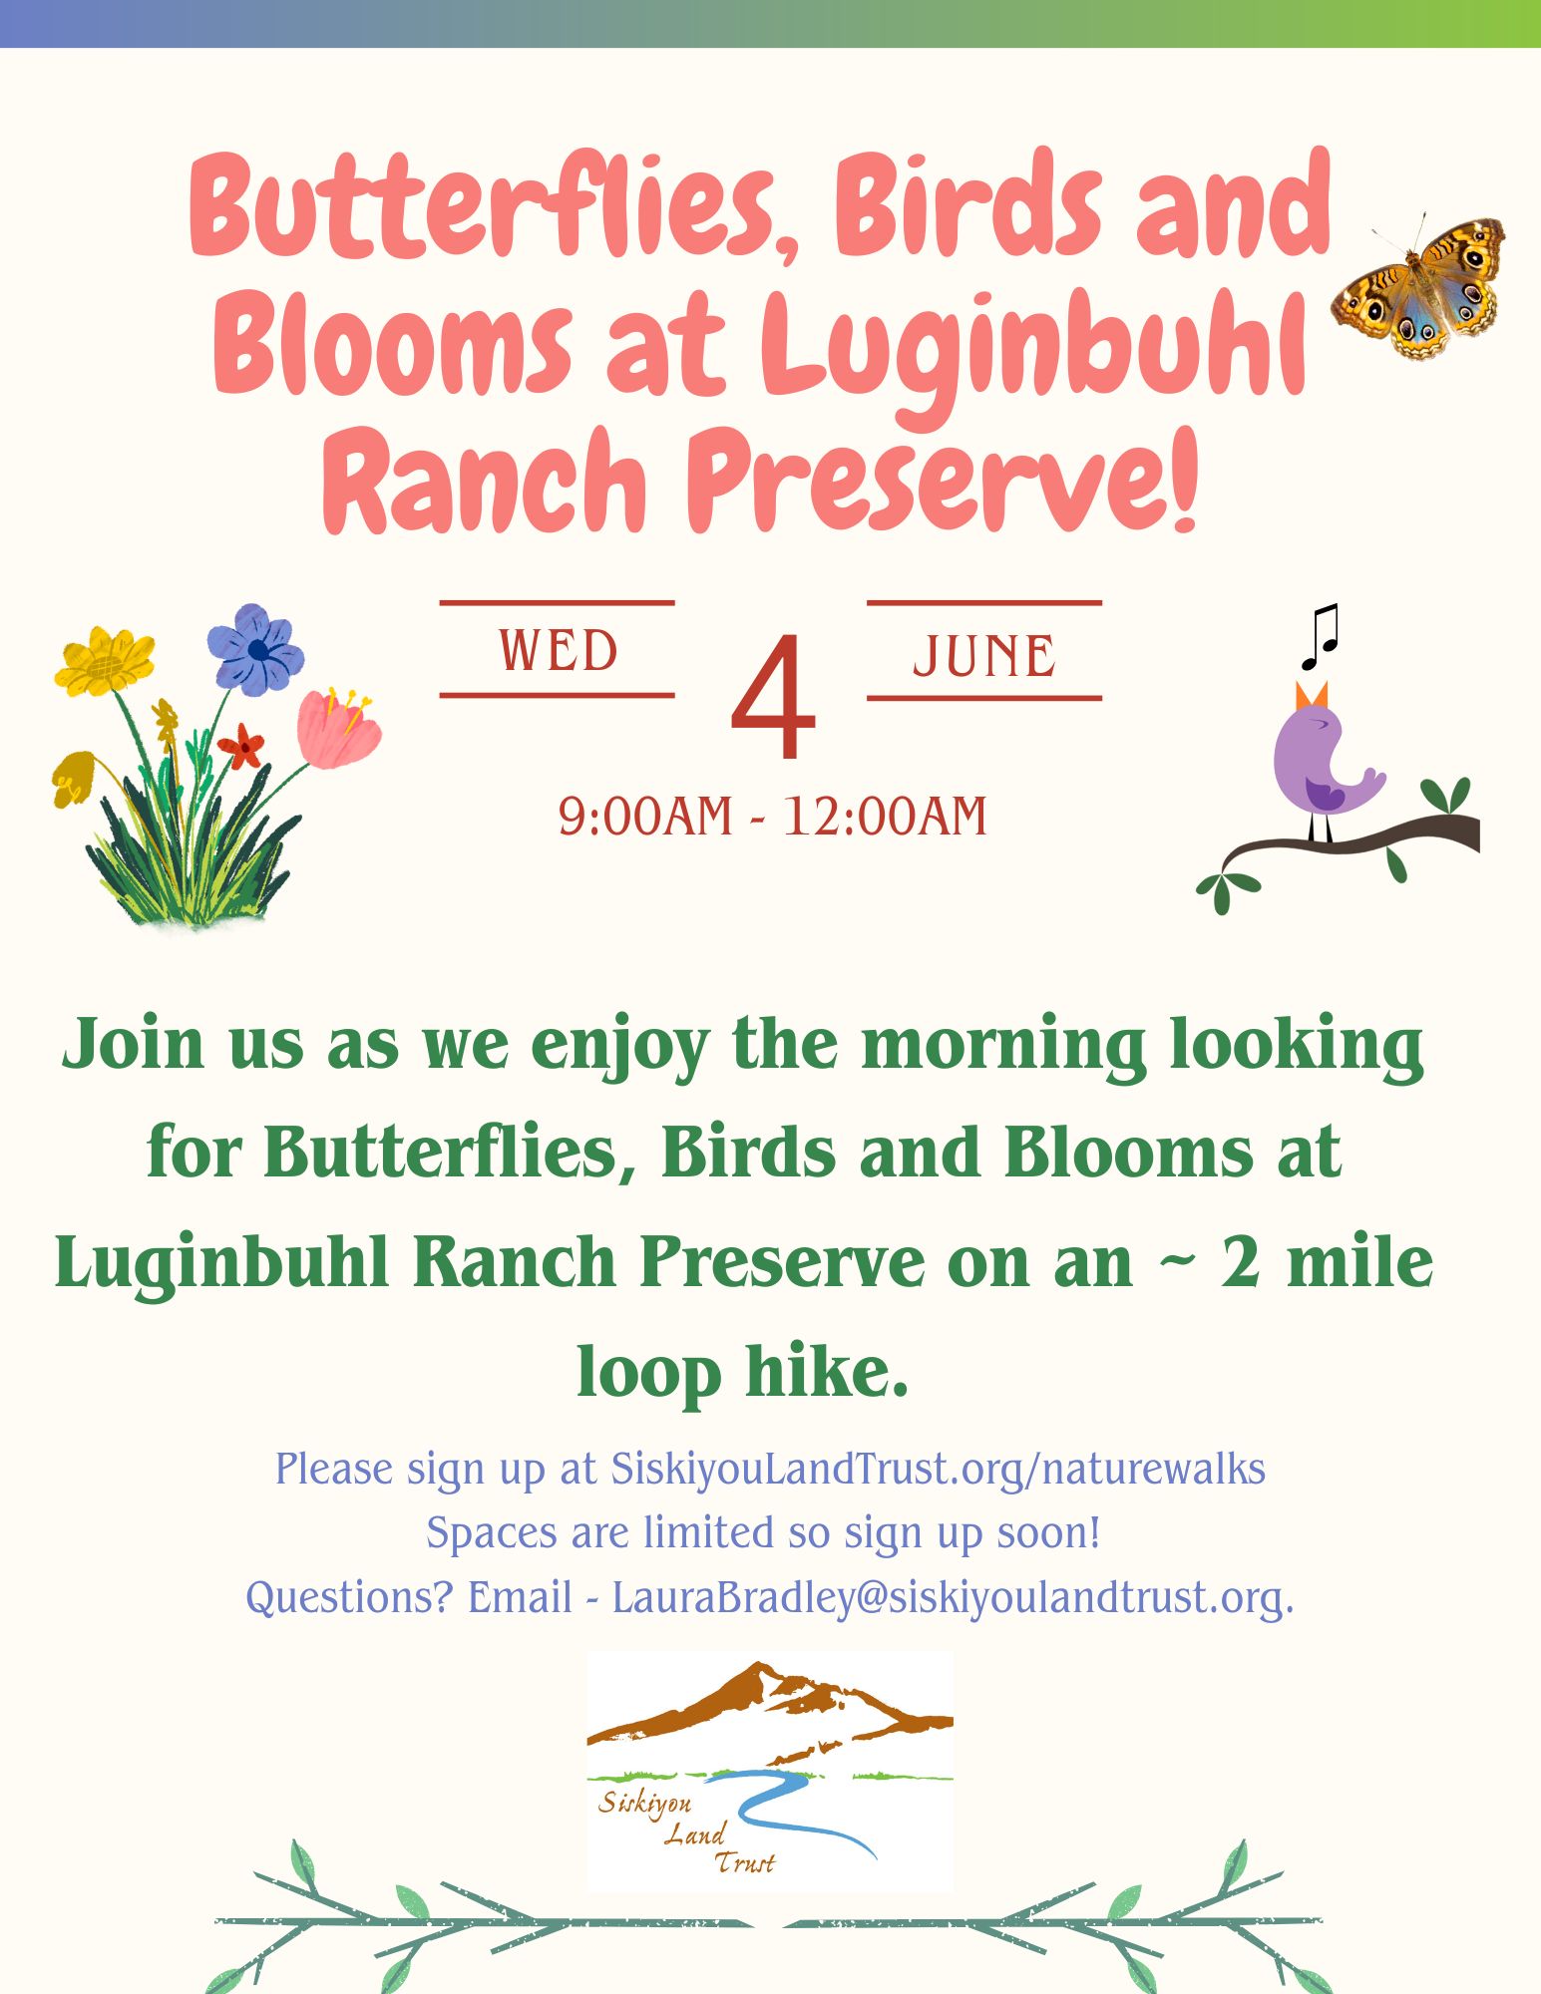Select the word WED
click(559, 651)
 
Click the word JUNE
click(984, 655)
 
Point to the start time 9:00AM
click(645, 817)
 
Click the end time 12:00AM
click(885, 817)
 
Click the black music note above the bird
click(1319, 637)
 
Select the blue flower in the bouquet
click(255, 649)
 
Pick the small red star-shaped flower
click(241, 745)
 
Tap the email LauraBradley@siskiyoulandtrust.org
click(953, 1597)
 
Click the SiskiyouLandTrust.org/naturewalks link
click(939, 1470)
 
